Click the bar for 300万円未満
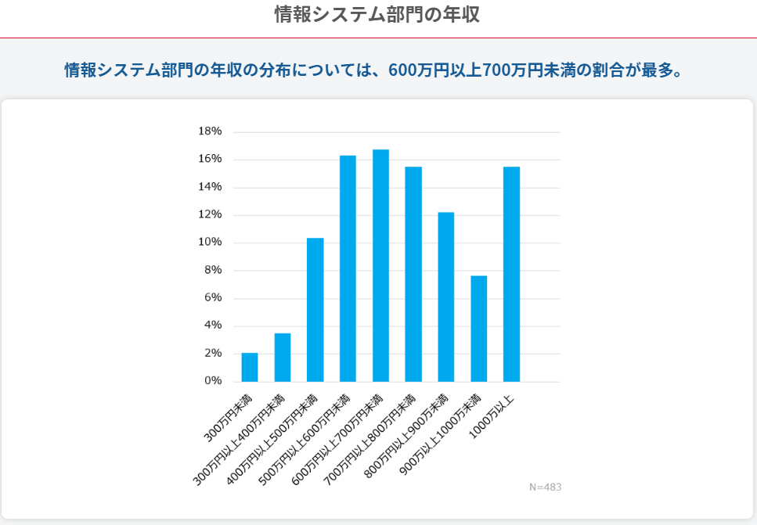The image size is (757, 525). (x=250, y=367)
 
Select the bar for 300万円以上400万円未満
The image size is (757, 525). (x=283, y=358)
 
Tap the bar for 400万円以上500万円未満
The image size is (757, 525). (x=315, y=310)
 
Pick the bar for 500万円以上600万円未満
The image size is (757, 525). (x=348, y=268)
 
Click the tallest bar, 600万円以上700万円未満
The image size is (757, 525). (x=380, y=265)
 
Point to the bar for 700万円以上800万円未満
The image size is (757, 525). (x=413, y=274)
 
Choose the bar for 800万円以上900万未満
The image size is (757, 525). (x=446, y=297)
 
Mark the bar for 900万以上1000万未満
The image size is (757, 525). (x=478, y=329)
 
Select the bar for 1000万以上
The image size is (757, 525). (x=511, y=274)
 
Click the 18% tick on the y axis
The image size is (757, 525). (x=210, y=131)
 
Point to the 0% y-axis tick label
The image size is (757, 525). (x=213, y=381)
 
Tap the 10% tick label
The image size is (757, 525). (x=210, y=243)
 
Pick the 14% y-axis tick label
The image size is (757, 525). (x=210, y=187)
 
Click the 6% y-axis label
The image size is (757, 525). (x=213, y=298)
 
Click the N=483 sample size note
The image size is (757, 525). (x=545, y=487)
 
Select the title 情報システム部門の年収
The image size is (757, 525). (x=377, y=14)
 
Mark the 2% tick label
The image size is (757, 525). (x=213, y=354)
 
